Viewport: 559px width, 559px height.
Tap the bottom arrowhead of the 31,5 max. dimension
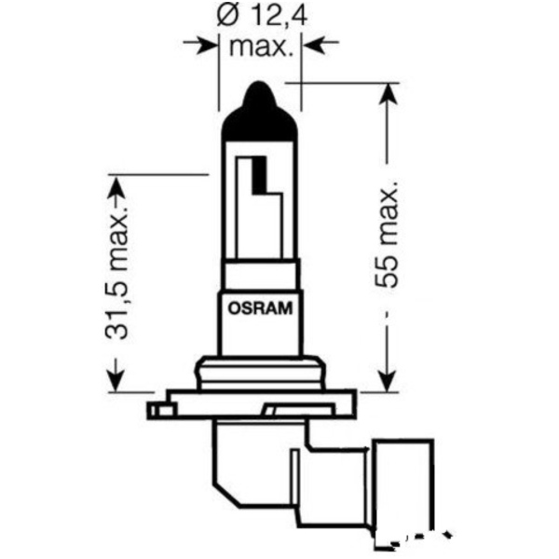pos(116,382)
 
